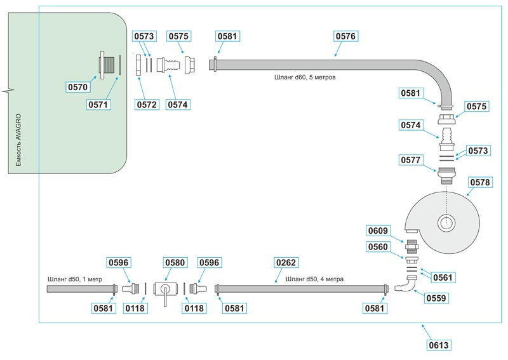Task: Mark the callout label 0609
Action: point(379,230)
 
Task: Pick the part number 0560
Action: point(379,246)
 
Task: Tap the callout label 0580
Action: point(175,262)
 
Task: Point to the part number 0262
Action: point(286,262)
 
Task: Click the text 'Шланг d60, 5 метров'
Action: point(304,77)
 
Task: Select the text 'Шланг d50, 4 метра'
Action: point(316,279)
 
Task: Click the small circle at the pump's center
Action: point(446,223)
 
